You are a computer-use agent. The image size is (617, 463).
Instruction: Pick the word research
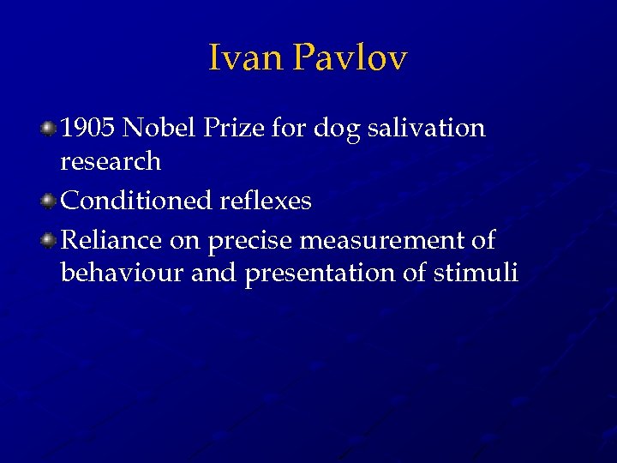pyautogui.click(x=111, y=161)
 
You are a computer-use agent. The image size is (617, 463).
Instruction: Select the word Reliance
pyautogui.click(x=111, y=241)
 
